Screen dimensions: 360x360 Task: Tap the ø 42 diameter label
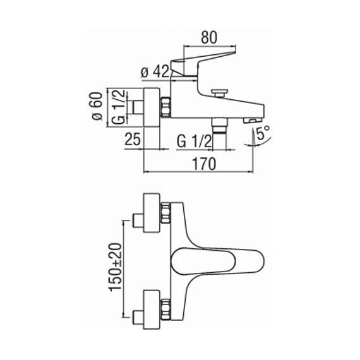pos(155,72)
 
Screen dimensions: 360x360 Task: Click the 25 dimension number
pos(133,140)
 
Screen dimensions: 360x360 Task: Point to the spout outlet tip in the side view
pos(253,119)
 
